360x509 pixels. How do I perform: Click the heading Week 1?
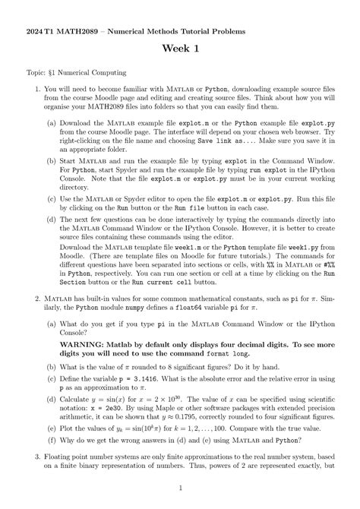180,49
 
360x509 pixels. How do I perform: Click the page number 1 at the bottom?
180,487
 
